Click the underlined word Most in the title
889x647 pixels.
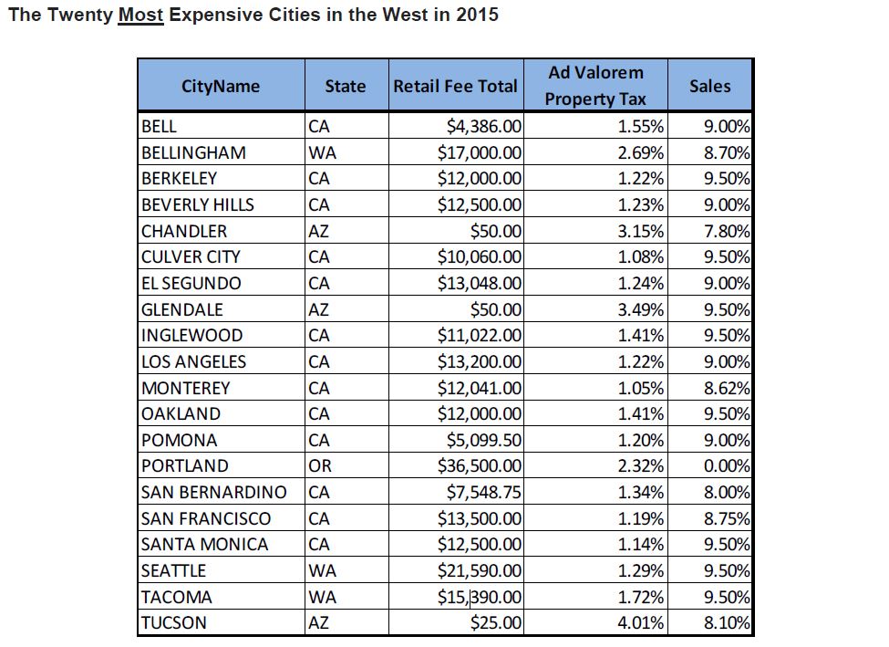click(x=140, y=16)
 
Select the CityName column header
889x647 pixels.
click(x=221, y=86)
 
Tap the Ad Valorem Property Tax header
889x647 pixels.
click(x=595, y=86)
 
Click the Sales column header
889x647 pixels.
click(x=709, y=86)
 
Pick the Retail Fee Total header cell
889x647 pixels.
click(x=455, y=87)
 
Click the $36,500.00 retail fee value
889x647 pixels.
click(x=480, y=465)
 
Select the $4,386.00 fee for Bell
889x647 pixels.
click(x=484, y=126)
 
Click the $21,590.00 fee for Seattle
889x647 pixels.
click(x=480, y=571)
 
